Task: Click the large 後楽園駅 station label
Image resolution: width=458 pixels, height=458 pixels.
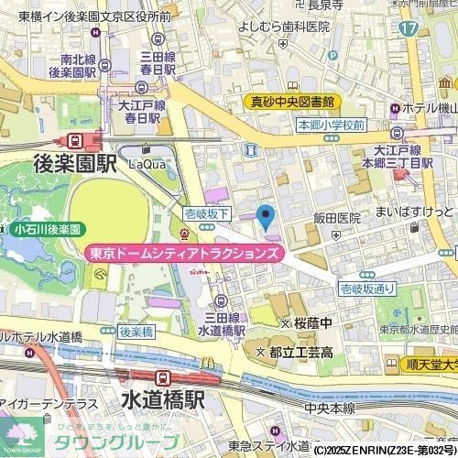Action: [76, 163]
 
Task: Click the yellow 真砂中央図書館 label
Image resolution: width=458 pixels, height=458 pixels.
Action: [293, 102]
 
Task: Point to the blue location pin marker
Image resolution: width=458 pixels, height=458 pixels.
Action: [266, 218]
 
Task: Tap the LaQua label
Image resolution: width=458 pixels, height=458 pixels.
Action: [147, 164]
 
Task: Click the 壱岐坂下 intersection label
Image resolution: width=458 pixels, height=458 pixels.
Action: [206, 211]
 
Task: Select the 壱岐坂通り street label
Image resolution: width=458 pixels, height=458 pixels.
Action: [367, 289]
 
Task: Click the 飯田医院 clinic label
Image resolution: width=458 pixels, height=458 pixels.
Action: [337, 219]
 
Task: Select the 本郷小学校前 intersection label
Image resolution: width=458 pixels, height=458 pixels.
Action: [332, 125]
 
